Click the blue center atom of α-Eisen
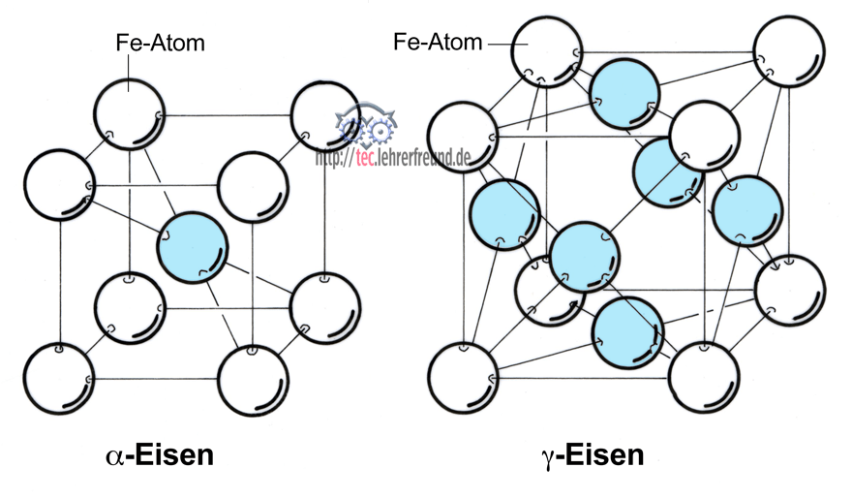[x=194, y=249]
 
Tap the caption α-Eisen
[x=159, y=454]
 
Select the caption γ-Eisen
[x=593, y=454]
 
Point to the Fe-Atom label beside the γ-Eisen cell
[x=438, y=43]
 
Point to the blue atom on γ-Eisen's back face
[x=668, y=172]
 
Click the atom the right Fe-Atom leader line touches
[x=547, y=49]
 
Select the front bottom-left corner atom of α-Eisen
[x=58, y=378]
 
